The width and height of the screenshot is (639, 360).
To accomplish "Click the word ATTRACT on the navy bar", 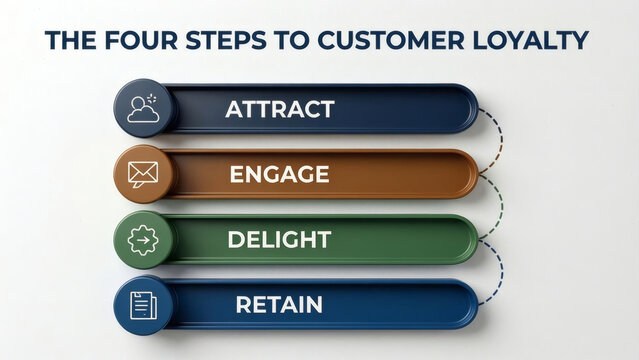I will click(x=279, y=109).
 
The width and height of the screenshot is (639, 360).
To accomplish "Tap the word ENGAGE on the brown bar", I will click(x=279, y=174).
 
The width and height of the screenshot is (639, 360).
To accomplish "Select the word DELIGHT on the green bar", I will click(x=279, y=240).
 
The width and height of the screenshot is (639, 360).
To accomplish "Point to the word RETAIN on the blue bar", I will click(x=279, y=305).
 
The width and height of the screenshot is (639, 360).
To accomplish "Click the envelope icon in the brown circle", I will click(x=143, y=174).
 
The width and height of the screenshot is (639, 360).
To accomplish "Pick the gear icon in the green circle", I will click(x=143, y=240).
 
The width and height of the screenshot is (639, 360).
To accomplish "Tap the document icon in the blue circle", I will click(x=143, y=305).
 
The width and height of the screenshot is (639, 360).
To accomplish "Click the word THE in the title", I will click(x=69, y=40).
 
